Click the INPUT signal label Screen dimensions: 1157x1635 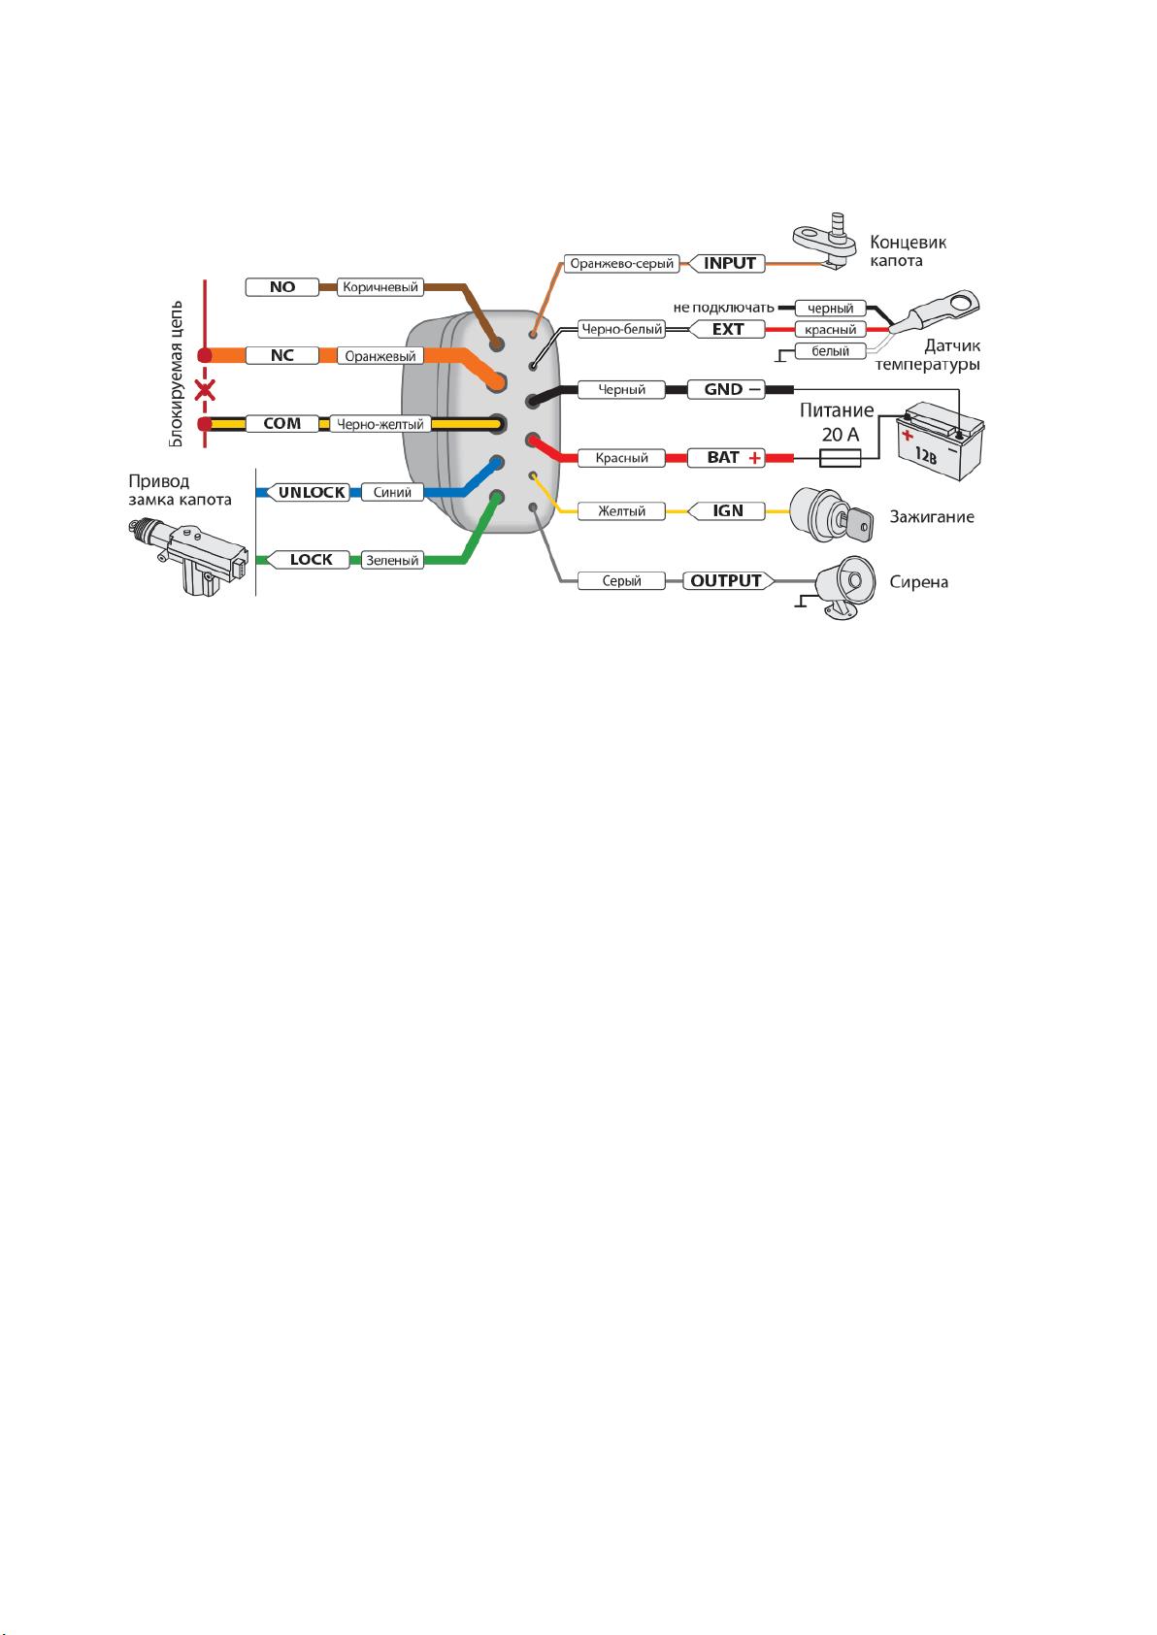tap(728, 264)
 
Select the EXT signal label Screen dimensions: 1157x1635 tap(728, 329)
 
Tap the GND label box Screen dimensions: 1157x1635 tap(726, 390)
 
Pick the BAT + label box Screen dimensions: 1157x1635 tap(726, 458)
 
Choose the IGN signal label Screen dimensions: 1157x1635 tap(728, 511)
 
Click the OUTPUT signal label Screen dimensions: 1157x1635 tap(728, 581)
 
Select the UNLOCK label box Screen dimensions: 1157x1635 tap(310, 493)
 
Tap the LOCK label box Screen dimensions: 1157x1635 tap(310, 560)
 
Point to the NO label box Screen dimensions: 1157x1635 tap(282, 287)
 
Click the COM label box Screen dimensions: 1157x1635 tap(282, 424)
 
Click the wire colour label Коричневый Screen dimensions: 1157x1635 tap(380, 287)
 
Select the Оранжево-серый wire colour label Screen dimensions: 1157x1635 tap(621, 264)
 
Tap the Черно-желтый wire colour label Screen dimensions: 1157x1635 tap(380, 424)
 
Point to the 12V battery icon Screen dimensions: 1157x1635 tap(941, 441)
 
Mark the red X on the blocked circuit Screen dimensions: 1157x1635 tap(205, 390)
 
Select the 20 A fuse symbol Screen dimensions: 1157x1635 tap(841, 458)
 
